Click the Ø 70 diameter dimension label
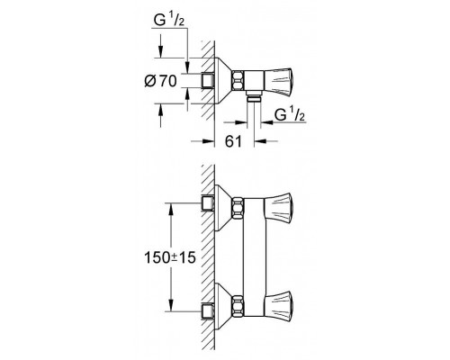click(x=160, y=81)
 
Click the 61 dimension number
click(x=233, y=141)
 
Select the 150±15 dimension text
click(x=170, y=257)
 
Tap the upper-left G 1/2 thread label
click(x=169, y=21)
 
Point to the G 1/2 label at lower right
click(x=290, y=115)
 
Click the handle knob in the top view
click(x=278, y=80)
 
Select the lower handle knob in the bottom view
click(x=279, y=303)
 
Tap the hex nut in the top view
click(x=238, y=80)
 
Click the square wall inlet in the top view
click(x=208, y=80)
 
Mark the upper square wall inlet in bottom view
click(x=208, y=203)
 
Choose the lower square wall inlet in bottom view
click(x=208, y=311)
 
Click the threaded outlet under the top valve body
click(x=254, y=98)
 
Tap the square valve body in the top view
click(x=254, y=80)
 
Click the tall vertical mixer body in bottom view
click(x=254, y=256)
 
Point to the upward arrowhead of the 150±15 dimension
click(x=170, y=210)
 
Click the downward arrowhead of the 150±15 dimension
click(x=170, y=305)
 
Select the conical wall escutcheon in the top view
click(x=222, y=80)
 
